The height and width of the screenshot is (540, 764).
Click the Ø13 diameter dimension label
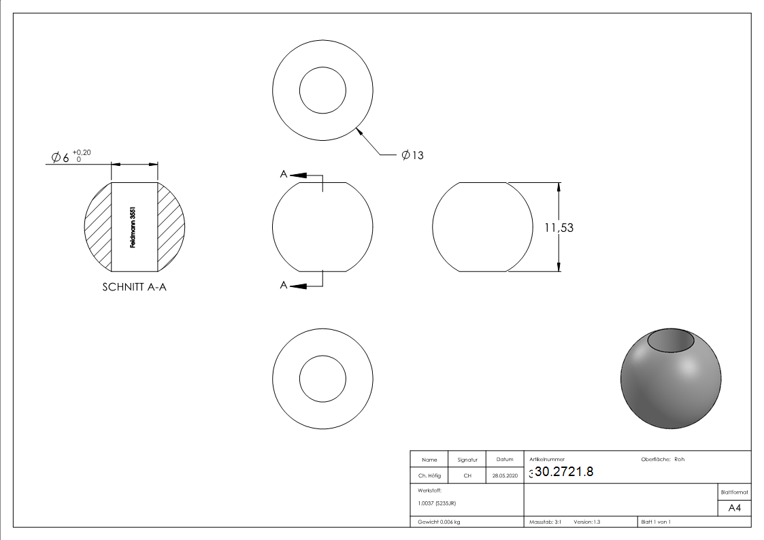click(412, 155)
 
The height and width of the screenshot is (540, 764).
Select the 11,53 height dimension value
click(559, 228)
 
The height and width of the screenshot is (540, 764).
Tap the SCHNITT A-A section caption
click(134, 287)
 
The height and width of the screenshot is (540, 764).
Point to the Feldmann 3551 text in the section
click(134, 227)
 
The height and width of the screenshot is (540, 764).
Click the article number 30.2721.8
click(564, 472)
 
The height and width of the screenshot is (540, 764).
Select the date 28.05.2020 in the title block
click(504, 476)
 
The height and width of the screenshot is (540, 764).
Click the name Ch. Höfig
click(429, 476)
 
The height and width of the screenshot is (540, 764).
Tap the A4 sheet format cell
click(734, 508)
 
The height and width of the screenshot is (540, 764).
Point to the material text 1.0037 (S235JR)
click(437, 503)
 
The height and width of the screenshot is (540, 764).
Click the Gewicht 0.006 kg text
click(439, 522)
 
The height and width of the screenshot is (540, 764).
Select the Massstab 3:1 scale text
click(545, 522)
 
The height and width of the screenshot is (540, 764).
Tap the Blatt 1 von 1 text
click(655, 522)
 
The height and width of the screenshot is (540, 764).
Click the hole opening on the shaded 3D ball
click(671, 340)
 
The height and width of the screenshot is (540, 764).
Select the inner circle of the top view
click(322, 91)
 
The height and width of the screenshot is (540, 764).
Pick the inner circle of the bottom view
click(322, 378)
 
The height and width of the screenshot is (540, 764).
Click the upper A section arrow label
click(284, 174)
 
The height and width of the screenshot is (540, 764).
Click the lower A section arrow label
click(284, 286)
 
